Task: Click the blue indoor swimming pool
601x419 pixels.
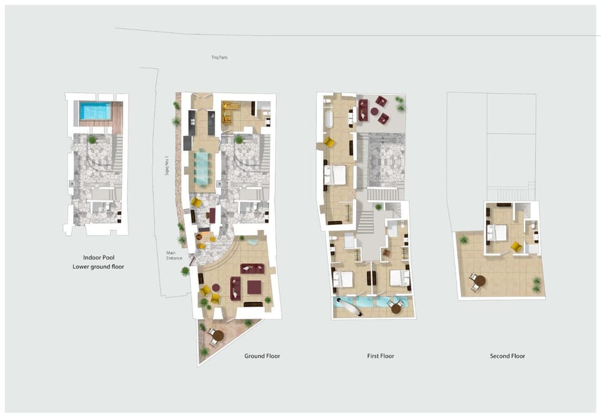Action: tap(95, 110)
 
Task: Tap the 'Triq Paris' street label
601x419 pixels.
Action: tap(219, 58)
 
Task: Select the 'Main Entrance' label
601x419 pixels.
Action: tap(174, 256)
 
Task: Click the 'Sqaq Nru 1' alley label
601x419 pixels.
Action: tap(167, 165)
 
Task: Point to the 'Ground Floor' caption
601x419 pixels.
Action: tap(262, 356)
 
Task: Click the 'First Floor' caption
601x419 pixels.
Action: tap(381, 356)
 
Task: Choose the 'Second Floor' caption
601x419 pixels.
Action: tap(508, 356)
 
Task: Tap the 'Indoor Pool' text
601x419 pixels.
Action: tap(98, 257)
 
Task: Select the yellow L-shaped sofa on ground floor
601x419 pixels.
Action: tap(229, 112)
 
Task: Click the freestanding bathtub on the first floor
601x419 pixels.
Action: tap(329, 119)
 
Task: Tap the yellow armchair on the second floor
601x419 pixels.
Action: tap(516, 247)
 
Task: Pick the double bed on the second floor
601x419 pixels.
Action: tap(497, 233)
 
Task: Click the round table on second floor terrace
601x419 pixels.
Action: tap(480, 281)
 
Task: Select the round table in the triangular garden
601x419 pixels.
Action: tap(218, 336)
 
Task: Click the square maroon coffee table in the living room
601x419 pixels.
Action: tap(254, 287)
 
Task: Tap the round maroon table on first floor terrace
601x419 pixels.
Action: tap(374, 111)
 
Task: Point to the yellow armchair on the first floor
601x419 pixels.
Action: tap(329, 142)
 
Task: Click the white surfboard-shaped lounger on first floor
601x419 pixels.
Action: tap(349, 308)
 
